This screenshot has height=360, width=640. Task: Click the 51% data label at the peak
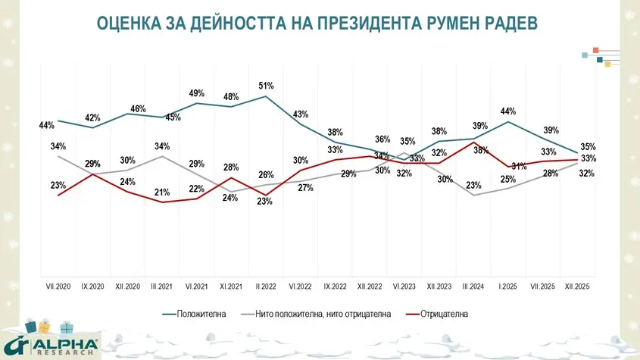coord(266,86)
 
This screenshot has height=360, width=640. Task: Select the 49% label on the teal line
coord(197,93)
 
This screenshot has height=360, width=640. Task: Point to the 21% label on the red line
coord(162,193)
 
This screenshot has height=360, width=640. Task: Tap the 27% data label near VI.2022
coord(305,188)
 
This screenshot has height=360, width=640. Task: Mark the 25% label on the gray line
coord(507,180)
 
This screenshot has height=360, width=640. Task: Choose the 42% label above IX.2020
coord(92,117)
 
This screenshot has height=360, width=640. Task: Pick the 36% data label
coord(383,139)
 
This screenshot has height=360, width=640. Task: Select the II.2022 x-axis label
coord(266,286)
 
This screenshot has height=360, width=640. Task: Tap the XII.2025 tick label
coord(576,286)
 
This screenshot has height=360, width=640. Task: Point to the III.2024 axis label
coord(474,286)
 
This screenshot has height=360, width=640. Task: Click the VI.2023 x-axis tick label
coord(404,286)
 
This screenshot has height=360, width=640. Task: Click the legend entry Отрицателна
coord(442,313)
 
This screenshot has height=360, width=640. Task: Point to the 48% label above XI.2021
coord(231,96)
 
